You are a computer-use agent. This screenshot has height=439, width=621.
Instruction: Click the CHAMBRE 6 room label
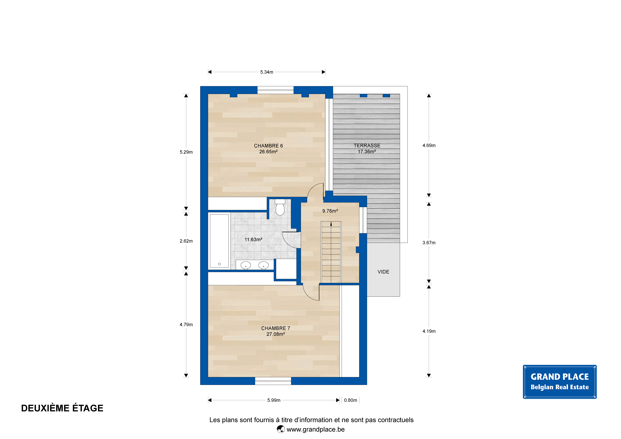[268, 146]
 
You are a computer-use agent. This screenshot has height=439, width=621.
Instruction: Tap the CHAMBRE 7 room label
[276, 328]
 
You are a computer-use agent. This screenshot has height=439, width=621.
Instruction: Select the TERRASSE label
[367, 146]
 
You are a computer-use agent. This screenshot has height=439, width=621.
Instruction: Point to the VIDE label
[383, 272]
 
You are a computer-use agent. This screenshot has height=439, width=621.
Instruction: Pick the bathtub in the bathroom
[219, 241]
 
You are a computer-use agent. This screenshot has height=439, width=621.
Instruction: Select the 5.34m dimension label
[267, 72]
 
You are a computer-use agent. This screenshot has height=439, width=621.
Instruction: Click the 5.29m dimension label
[186, 152]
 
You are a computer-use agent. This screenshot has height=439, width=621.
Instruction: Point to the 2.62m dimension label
[186, 241]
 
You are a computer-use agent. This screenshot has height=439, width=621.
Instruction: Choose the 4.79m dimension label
[186, 325]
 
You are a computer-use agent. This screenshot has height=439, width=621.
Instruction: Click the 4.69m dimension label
[429, 146]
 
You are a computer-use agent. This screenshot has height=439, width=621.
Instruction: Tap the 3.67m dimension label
[429, 243]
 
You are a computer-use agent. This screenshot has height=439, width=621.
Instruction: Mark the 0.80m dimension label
[351, 400]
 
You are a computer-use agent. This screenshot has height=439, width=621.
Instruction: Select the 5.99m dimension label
[274, 400]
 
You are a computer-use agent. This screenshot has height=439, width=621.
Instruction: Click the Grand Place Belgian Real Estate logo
[560, 382]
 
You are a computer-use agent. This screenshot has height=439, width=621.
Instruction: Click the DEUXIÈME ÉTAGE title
[62, 408]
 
